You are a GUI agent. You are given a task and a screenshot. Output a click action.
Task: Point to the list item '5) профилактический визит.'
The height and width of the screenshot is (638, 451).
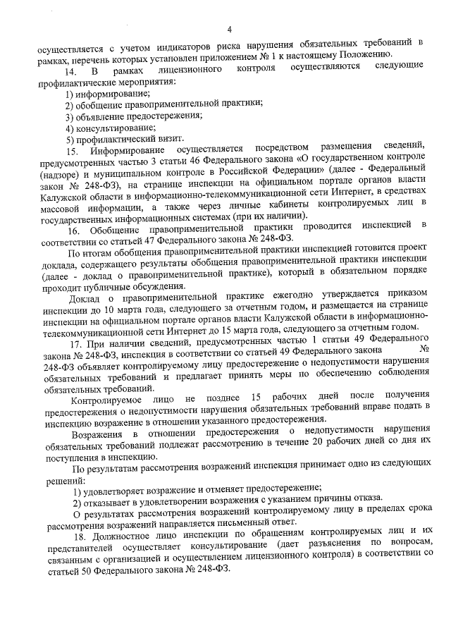(115, 139)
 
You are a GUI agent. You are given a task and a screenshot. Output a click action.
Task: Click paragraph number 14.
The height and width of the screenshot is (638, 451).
(70, 71)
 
